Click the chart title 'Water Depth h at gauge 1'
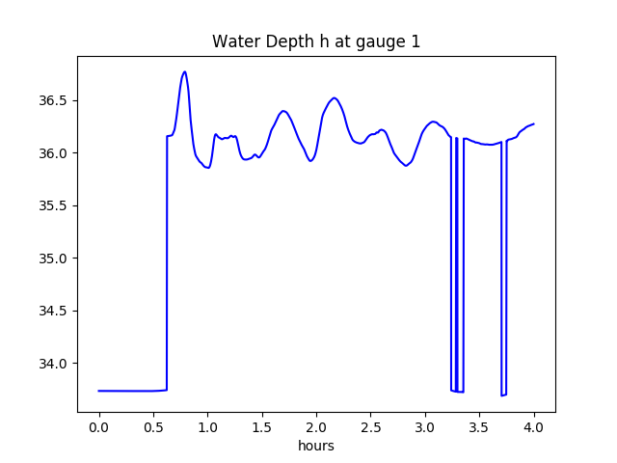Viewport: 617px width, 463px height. pos(315,41)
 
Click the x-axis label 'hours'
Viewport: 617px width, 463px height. pos(315,447)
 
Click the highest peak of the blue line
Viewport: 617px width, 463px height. pos(184,71)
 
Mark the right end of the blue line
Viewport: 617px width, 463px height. pos(533,123)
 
